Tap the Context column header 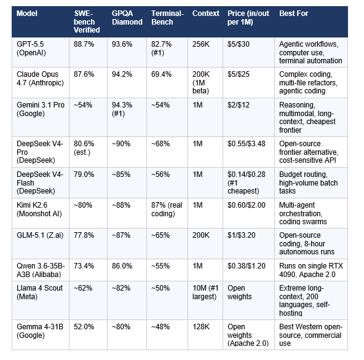point(205,13)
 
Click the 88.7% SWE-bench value point(84,44)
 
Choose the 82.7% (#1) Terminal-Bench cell point(163,49)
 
